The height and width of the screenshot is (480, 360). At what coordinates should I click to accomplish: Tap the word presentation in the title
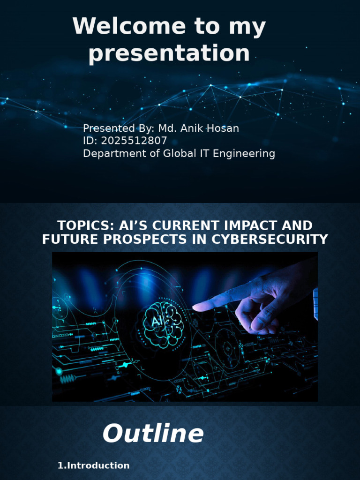[x=169, y=53]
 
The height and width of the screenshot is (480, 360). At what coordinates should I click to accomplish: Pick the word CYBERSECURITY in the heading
[x=270, y=239]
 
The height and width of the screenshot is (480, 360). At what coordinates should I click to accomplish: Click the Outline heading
[x=153, y=434]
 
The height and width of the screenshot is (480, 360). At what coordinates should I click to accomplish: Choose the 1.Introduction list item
[x=93, y=465]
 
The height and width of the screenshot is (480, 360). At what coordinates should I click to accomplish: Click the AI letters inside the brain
[x=157, y=322]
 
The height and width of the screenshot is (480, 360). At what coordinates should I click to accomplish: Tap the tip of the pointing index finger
[x=195, y=307]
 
